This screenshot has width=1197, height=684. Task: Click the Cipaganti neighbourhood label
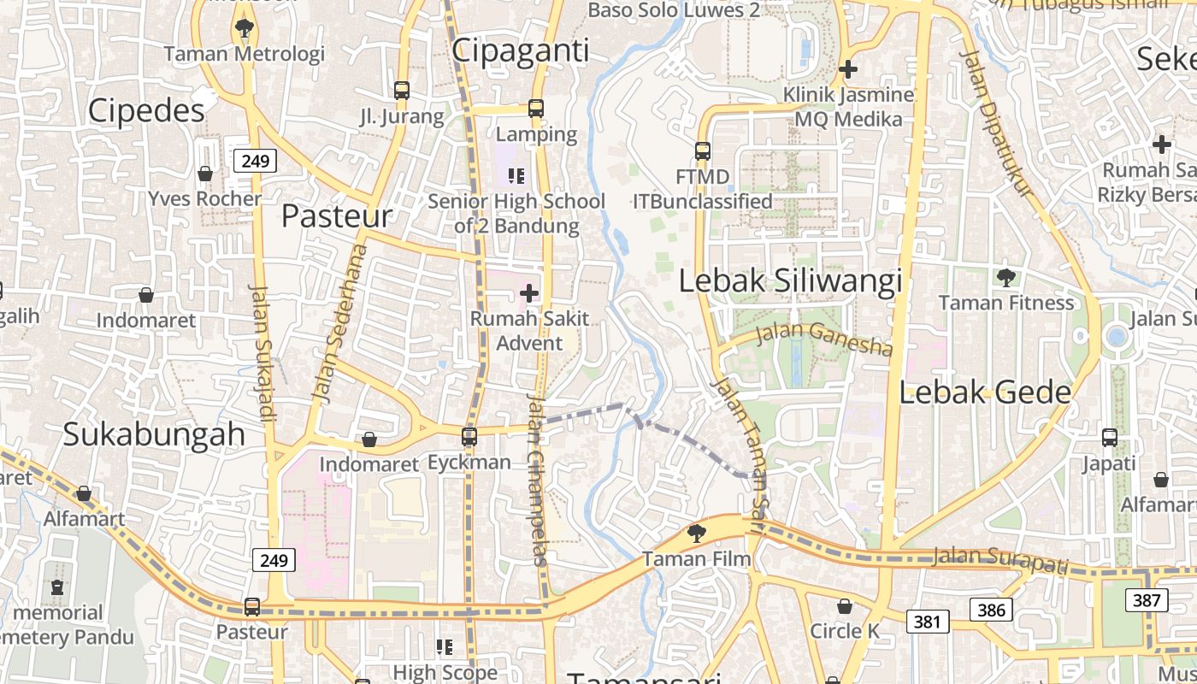click(x=520, y=50)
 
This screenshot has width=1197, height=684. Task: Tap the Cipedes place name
click(x=146, y=110)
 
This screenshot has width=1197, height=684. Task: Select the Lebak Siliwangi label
click(x=790, y=280)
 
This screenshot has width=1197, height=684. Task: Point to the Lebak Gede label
click(x=985, y=392)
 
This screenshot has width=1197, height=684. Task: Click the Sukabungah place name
click(x=154, y=434)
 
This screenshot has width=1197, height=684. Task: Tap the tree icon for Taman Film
click(x=697, y=534)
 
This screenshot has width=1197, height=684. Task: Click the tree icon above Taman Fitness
click(x=1005, y=277)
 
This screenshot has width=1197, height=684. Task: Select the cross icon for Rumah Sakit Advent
click(x=529, y=293)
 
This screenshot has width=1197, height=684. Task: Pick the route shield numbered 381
click(x=927, y=622)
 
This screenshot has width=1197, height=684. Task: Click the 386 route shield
click(x=990, y=610)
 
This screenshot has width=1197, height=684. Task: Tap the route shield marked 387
click(x=1146, y=600)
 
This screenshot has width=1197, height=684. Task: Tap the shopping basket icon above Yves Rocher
click(x=205, y=174)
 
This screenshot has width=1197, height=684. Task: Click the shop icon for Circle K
click(x=845, y=606)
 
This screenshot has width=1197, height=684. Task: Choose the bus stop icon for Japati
click(x=1109, y=438)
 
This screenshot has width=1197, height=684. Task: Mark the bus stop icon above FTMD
click(x=703, y=151)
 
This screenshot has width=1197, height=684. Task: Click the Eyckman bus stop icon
click(x=469, y=437)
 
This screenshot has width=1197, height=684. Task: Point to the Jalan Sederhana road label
click(x=340, y=324)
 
